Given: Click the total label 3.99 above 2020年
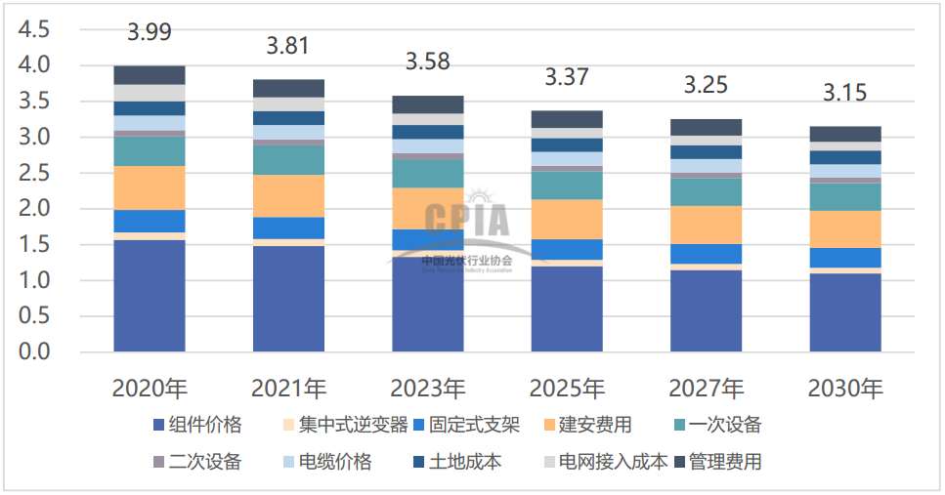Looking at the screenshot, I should click(x=150, y=31).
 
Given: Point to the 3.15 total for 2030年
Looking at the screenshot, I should click(x=844, y=94).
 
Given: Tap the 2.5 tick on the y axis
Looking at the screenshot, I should click(x=34, y=173).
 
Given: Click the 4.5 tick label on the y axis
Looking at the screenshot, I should click(x=34, y=29).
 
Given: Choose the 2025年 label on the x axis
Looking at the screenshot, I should click(x=567, y=389).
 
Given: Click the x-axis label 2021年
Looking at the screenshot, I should click(x=288, y=389).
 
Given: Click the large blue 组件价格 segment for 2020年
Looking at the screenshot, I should click(x=150, y=296).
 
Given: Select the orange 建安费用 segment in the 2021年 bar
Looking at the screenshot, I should click(x=288, y=195).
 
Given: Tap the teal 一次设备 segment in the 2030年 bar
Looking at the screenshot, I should click(x=844, y=197).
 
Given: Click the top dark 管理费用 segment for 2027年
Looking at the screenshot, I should click(x=706, y=127).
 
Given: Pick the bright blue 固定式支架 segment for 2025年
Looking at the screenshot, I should click(x=567, y=249).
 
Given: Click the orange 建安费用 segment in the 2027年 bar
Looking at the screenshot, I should click(x=706, y=225).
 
